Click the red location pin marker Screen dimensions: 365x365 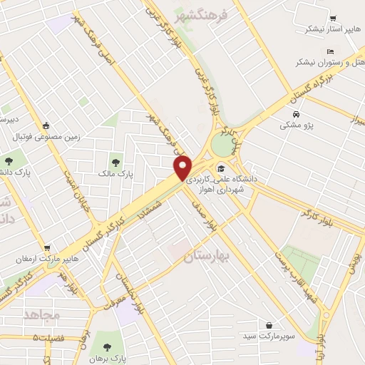184,167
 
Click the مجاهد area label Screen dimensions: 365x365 43,314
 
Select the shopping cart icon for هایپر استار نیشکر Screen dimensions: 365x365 332,19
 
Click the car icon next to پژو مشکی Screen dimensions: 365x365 296,114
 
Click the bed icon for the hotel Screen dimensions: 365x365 329,51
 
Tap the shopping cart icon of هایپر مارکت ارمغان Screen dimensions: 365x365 47,247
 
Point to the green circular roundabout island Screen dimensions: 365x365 222,145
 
